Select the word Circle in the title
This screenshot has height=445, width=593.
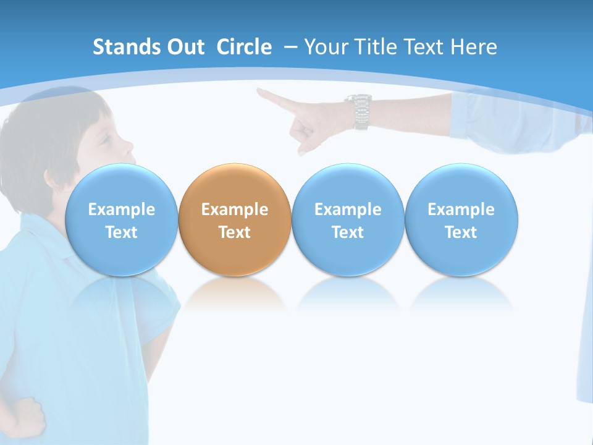(x=244, y=47)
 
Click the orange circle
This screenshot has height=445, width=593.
(x=235, y=220)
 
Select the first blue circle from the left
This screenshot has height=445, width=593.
(x=121, y=220)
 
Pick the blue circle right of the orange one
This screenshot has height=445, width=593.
(x=348, y=220)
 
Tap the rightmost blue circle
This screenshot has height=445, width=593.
(x=461, y=220)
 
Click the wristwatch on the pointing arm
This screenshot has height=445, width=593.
(x=360, y=111)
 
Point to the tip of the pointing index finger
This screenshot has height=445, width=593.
(x=260, y=92)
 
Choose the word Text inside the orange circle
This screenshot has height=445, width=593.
(x=235, y=232)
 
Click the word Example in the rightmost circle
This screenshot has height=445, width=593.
(x=461, y=210)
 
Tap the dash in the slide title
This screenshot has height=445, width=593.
(x=290, y=48)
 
